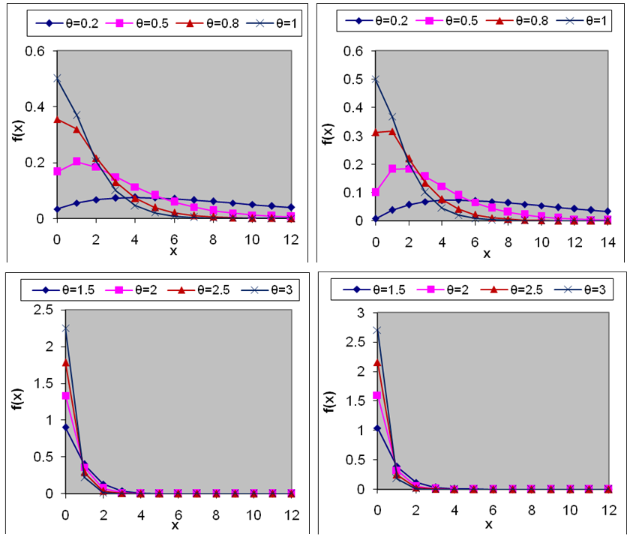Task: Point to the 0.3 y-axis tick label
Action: point(355,135)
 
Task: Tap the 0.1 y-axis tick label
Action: point(355,192)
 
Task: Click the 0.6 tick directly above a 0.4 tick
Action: point(35,50)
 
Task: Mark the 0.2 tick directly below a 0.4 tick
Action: point(35,163)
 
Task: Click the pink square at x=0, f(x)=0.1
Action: point(376,192)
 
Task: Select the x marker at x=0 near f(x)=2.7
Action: point(376,329)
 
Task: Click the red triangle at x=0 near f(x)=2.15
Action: point(376,363)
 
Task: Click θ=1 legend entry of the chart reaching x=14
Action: point(581,21)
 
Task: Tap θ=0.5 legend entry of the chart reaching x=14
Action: point(452,21)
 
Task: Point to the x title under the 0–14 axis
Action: point(486,253)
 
